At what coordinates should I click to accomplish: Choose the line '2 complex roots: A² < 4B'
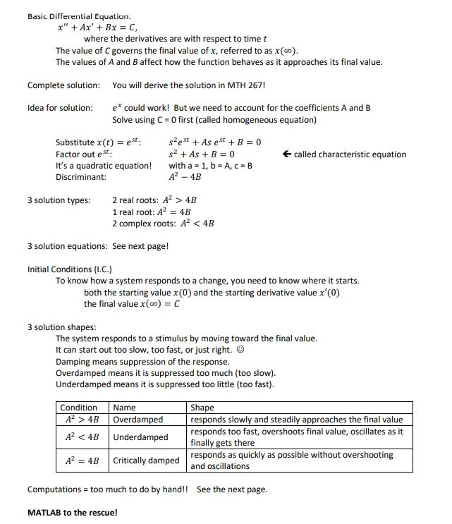click(x=163, y=224)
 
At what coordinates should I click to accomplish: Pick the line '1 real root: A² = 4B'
click(x=151, y=212)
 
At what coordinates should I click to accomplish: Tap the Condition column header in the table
click(x=79, y=408)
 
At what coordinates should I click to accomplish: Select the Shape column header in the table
click(x=202, y=408)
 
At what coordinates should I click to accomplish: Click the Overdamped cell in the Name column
click(x=138, y=420)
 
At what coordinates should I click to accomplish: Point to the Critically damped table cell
click(x=147, y=461)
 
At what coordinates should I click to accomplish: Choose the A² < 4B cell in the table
click(x=82, y=437)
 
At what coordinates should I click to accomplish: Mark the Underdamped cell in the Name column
click(x=141, y=437)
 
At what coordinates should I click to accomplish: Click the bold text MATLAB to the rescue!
click(x=72, y=512)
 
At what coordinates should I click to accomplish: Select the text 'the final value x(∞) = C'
click(x=132, y=304)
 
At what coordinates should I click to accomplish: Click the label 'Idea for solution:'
click(x=60, y=108)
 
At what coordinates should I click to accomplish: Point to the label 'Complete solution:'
click(x=63, y=85)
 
